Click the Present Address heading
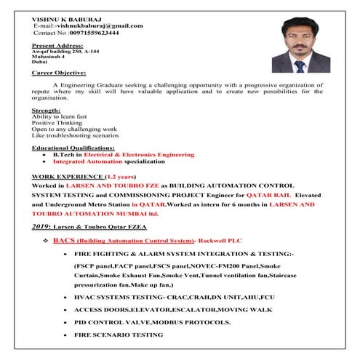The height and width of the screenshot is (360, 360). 59,45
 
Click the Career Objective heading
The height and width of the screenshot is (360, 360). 59,73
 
